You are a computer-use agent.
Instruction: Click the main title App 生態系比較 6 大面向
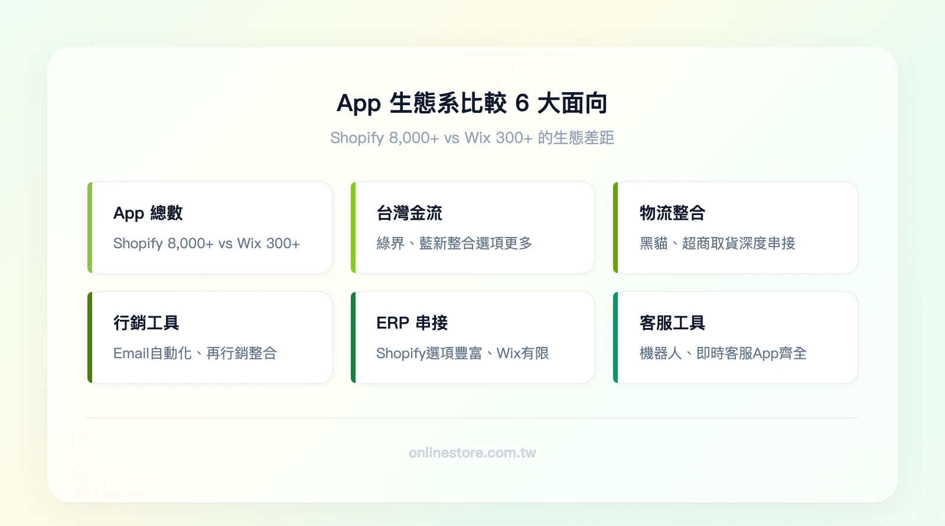coord(472,103)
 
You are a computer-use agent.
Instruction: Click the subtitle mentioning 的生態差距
coord(472,138)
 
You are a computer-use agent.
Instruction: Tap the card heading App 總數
coord(148,213)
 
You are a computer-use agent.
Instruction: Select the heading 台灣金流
coord(409,213)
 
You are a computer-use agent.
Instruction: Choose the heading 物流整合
coord(672,213)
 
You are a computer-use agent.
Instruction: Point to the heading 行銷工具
coord(146,323)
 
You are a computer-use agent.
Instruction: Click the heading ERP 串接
coord(412,323)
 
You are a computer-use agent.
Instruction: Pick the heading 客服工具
coord(672,323)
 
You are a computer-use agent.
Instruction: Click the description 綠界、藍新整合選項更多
coord(454,243)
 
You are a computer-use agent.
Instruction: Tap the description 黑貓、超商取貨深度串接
coord(717,243)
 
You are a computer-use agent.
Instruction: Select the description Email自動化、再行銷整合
coord(195,353)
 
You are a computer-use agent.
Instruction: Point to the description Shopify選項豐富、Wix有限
coord(462,353)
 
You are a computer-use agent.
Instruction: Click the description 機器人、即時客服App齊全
coord(723,353)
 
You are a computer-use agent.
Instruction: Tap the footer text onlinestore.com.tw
coord(472,453)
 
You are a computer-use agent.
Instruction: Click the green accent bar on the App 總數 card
coord(90,228)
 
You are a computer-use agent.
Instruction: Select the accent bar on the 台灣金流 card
coord(353,228)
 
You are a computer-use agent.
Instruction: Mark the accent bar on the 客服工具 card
coord(615,337)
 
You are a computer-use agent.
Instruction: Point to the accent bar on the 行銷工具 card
coord(90,337)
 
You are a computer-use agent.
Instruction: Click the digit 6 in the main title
coord(522,103)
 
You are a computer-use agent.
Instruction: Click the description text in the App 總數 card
coord(206,243)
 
